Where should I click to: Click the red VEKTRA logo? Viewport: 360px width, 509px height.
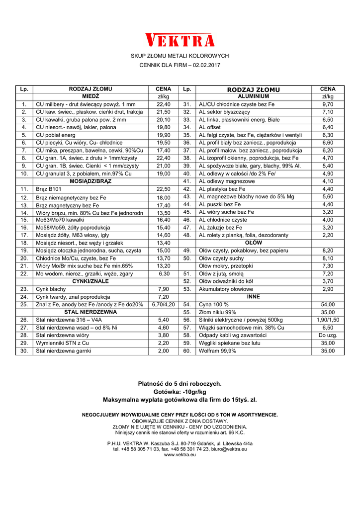point(180,40)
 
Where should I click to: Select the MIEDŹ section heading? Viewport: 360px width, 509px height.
point(90,96)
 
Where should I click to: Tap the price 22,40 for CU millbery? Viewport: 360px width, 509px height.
point(164,104)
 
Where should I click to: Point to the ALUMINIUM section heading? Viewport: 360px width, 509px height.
point(254,96)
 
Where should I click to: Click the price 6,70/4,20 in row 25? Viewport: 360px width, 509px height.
point(164,304)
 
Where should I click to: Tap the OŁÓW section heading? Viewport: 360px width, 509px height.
point(254,243)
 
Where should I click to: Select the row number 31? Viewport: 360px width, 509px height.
point(187,104)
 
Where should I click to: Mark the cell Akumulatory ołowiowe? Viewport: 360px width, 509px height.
point(226,289)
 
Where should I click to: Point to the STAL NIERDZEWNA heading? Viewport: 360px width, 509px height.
point(90,312)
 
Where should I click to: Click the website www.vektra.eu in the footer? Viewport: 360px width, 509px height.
point(180,455)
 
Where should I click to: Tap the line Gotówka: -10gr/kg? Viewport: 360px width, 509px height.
point(180,392)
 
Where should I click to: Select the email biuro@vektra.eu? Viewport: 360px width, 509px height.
point(225,449)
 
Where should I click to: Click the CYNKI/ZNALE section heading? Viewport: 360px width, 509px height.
point(90,281)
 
